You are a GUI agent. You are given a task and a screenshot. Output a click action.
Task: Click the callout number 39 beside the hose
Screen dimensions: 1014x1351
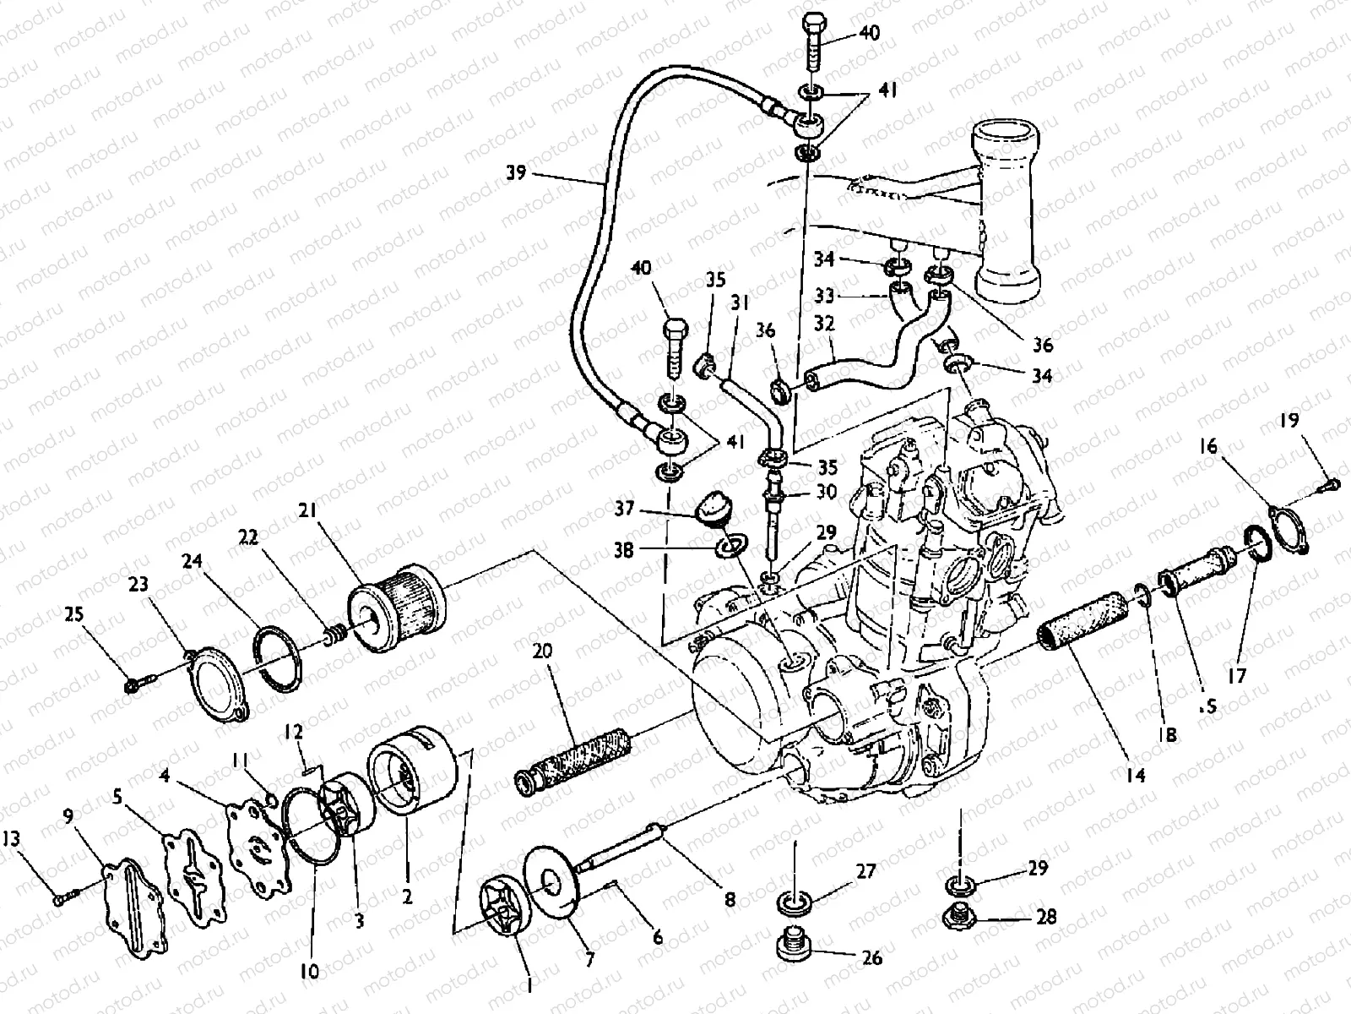tap(516, 173)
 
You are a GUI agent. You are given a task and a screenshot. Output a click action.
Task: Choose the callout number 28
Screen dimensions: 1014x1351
tap(1046, 917)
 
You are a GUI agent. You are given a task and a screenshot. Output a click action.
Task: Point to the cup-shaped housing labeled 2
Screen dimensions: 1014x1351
tap(414, 775)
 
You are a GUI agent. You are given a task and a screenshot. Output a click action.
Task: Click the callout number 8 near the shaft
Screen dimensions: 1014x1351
tap(729, 900)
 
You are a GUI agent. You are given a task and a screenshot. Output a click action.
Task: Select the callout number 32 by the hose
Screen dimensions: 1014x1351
tap(825, 324)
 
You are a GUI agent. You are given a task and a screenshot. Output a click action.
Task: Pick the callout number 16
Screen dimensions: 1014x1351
tap(1209, 446)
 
